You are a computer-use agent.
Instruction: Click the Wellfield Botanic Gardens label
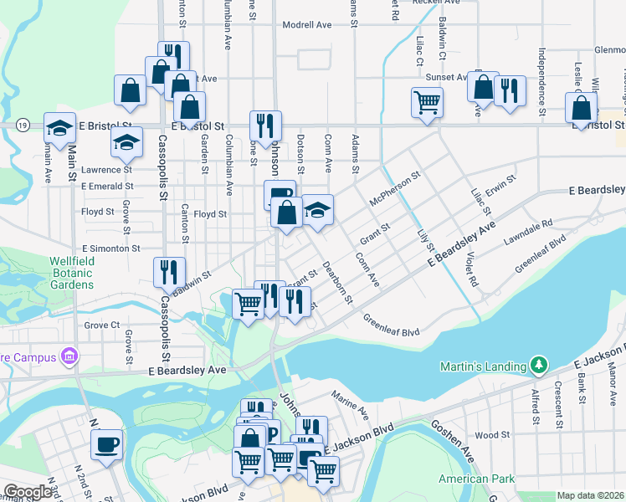(59, 273)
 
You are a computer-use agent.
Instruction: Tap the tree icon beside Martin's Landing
(541, 366)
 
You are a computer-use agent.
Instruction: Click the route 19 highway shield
(20, 124)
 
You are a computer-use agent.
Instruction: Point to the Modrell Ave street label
(307, 25)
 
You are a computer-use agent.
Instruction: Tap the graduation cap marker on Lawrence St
(126, 142)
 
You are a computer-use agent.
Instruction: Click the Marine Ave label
(351, 409)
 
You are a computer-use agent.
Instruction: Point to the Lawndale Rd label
(528, 231)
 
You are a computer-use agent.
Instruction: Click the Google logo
(28, 493)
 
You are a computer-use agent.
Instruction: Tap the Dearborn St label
(341, 283)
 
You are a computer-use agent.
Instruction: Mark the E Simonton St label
(110, 248)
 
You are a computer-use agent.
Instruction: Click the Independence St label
(541, 82)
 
